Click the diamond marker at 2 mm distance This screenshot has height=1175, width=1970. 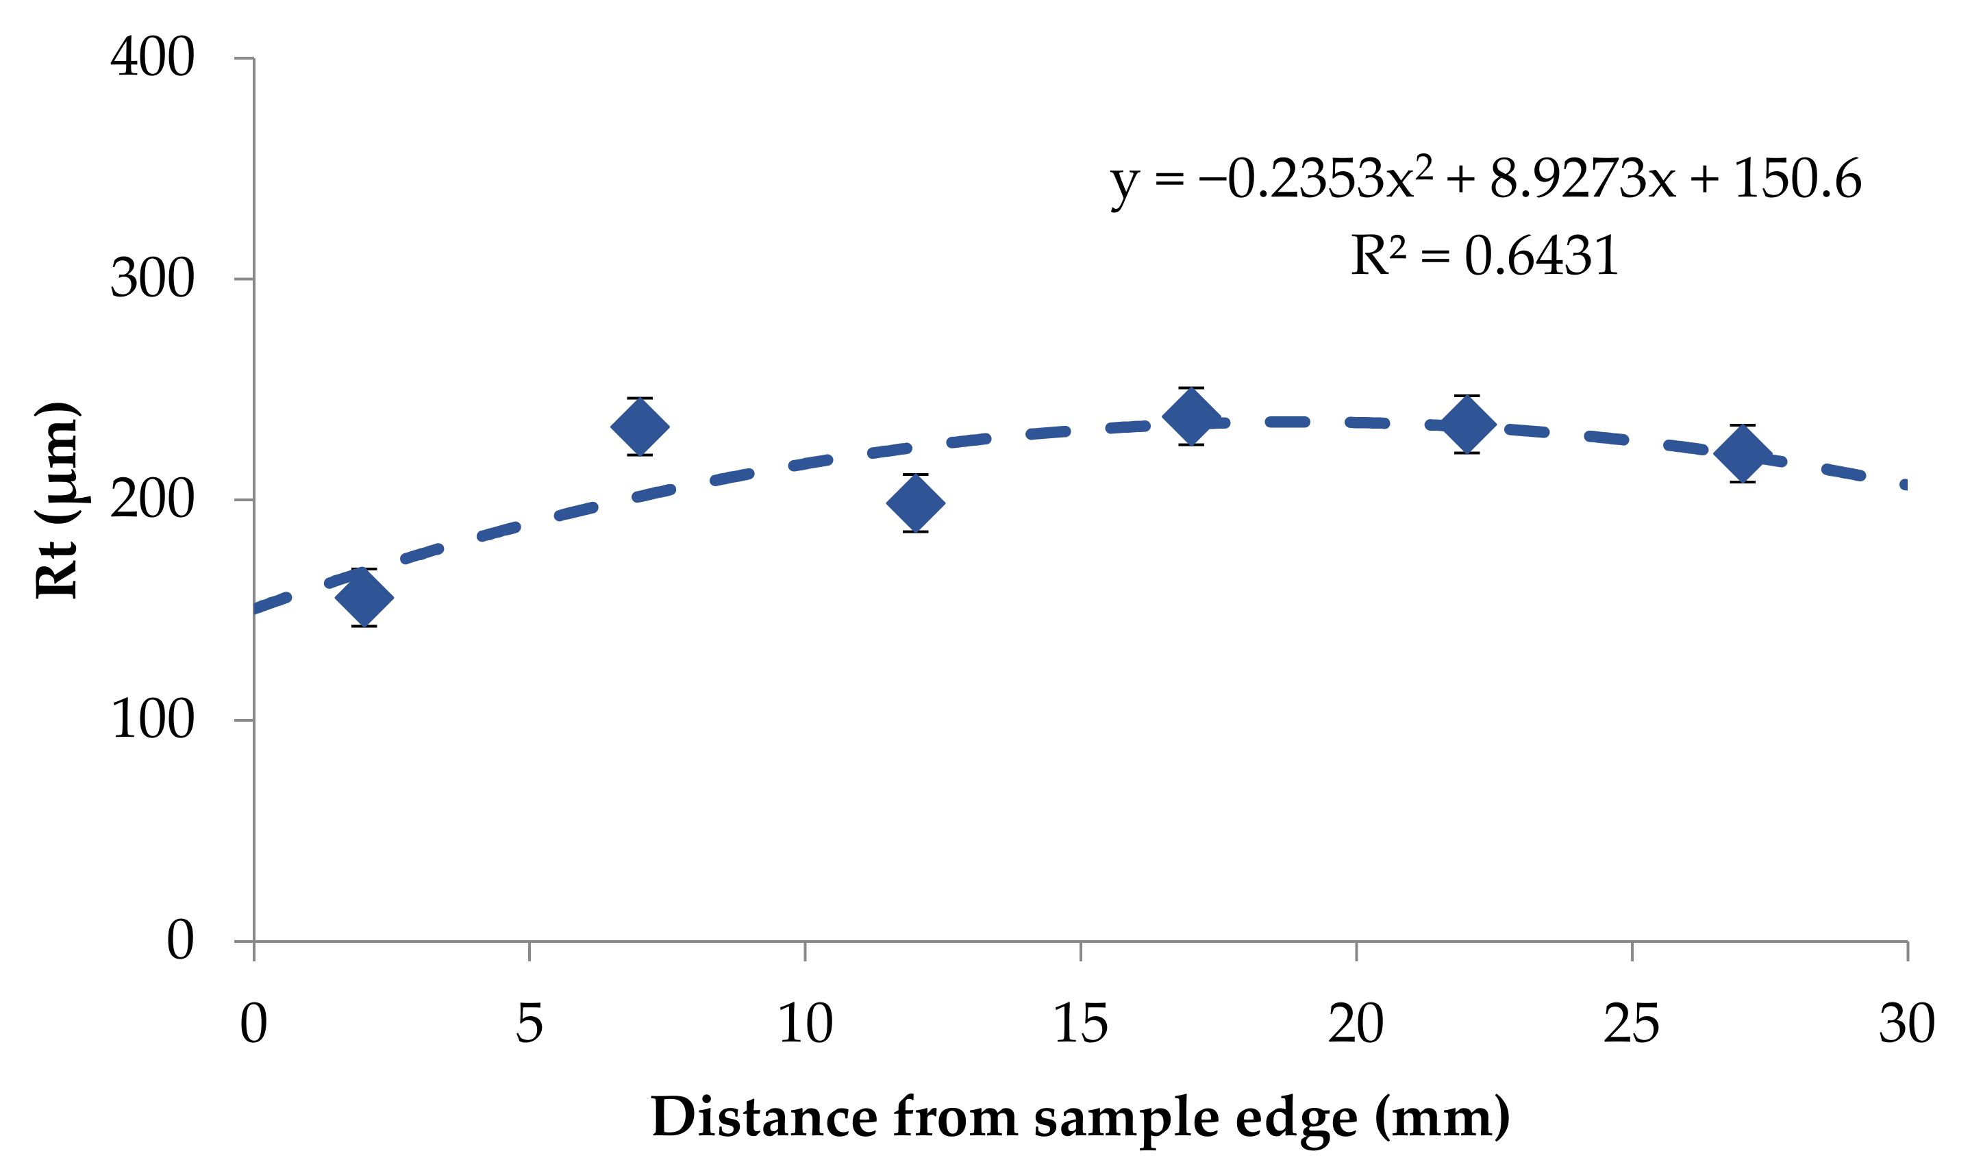point(364,597)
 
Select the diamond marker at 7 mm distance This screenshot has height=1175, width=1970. point(640,427)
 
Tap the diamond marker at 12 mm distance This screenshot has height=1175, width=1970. point(915,503)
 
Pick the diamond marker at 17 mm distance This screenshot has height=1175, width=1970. point(1191,416)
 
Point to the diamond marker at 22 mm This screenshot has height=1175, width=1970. point(1467,425)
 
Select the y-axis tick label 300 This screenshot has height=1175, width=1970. point(152,279)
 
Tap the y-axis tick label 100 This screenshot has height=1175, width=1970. point(152,720)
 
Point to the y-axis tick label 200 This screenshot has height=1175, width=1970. point(152,500)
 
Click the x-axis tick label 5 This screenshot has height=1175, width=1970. point(529,1024)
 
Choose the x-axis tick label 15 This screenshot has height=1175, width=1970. point(1080,1024)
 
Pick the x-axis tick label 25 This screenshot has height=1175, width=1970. point(1631,1024)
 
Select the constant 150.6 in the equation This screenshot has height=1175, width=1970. point(1797,179)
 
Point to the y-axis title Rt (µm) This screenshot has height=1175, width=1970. point(57,501)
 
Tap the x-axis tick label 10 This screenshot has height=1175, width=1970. point(804,1024)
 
